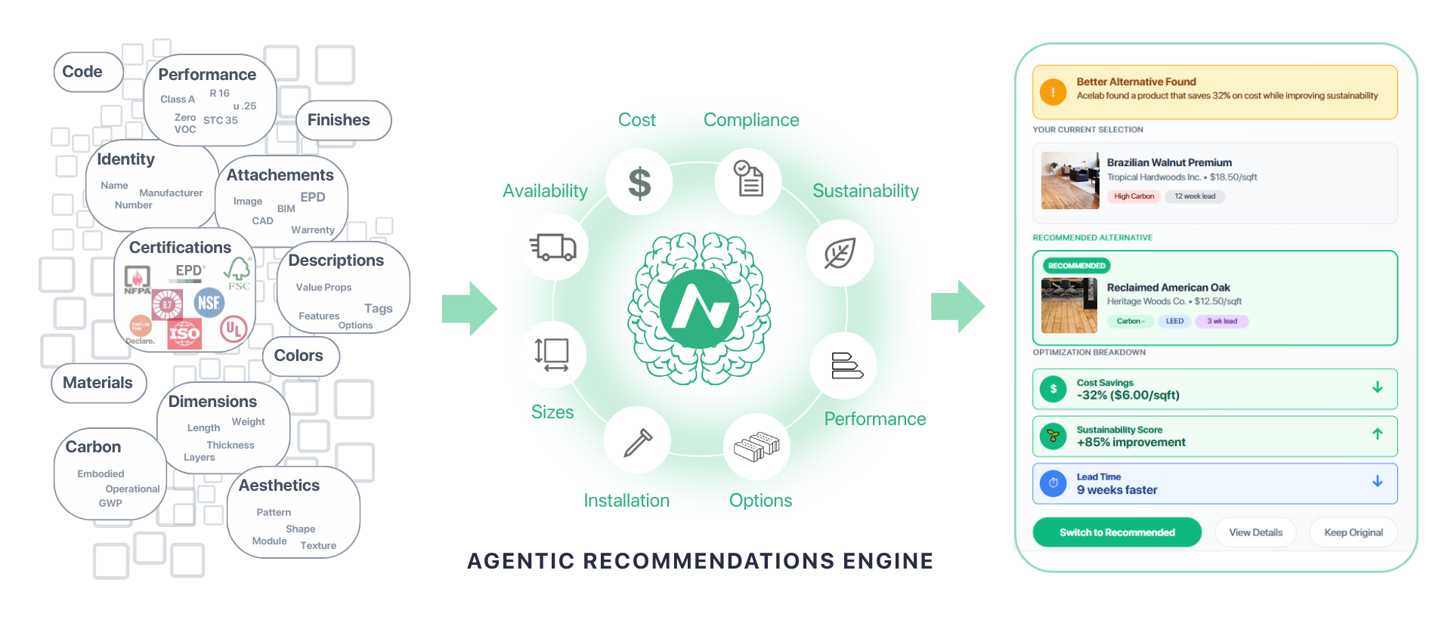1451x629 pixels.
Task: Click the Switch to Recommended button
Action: tap(1116, 532)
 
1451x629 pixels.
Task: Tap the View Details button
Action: tap(1255, 532)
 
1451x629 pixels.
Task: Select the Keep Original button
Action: tap(1353, 532)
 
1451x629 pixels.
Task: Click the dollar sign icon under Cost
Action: tap(639, 183)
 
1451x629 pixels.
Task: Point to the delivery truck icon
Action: tap(553, 247)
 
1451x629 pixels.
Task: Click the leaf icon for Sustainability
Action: tap(840, 253)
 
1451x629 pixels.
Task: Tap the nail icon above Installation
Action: tap(638, 442)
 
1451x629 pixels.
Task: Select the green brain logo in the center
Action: tap(699, 308)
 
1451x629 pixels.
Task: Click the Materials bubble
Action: tap(98, 383)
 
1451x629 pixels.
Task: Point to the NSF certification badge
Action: tap(209, 303)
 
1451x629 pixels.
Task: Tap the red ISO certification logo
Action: tap(184, 333)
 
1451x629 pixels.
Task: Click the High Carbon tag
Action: tap(1134, 196)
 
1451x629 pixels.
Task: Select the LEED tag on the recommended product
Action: tap(1174, 321)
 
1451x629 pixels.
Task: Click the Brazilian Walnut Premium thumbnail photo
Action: tap(1070, 180)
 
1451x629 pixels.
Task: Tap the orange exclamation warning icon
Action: tap(1053, 92)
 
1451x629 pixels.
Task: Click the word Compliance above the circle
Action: tap(751, 120)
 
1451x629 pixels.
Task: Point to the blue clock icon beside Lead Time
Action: tap(1053, 483)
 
